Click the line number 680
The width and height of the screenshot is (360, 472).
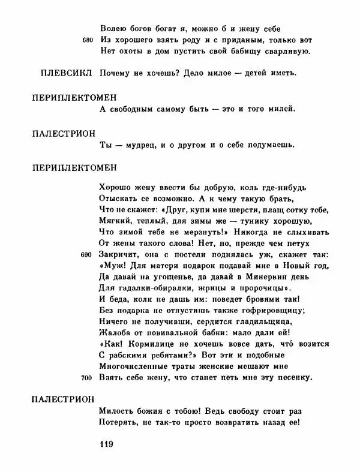click(x=88, y=40)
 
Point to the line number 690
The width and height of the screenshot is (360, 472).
click(x=88, y=255)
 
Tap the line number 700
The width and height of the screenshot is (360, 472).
click(x=88, y=378)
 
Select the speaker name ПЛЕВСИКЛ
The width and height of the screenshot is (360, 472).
click(x=61, y=73)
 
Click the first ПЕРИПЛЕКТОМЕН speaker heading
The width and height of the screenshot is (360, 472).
click(x=74, y=96)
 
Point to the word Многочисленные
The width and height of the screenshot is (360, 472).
click(x=130, y=366)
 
